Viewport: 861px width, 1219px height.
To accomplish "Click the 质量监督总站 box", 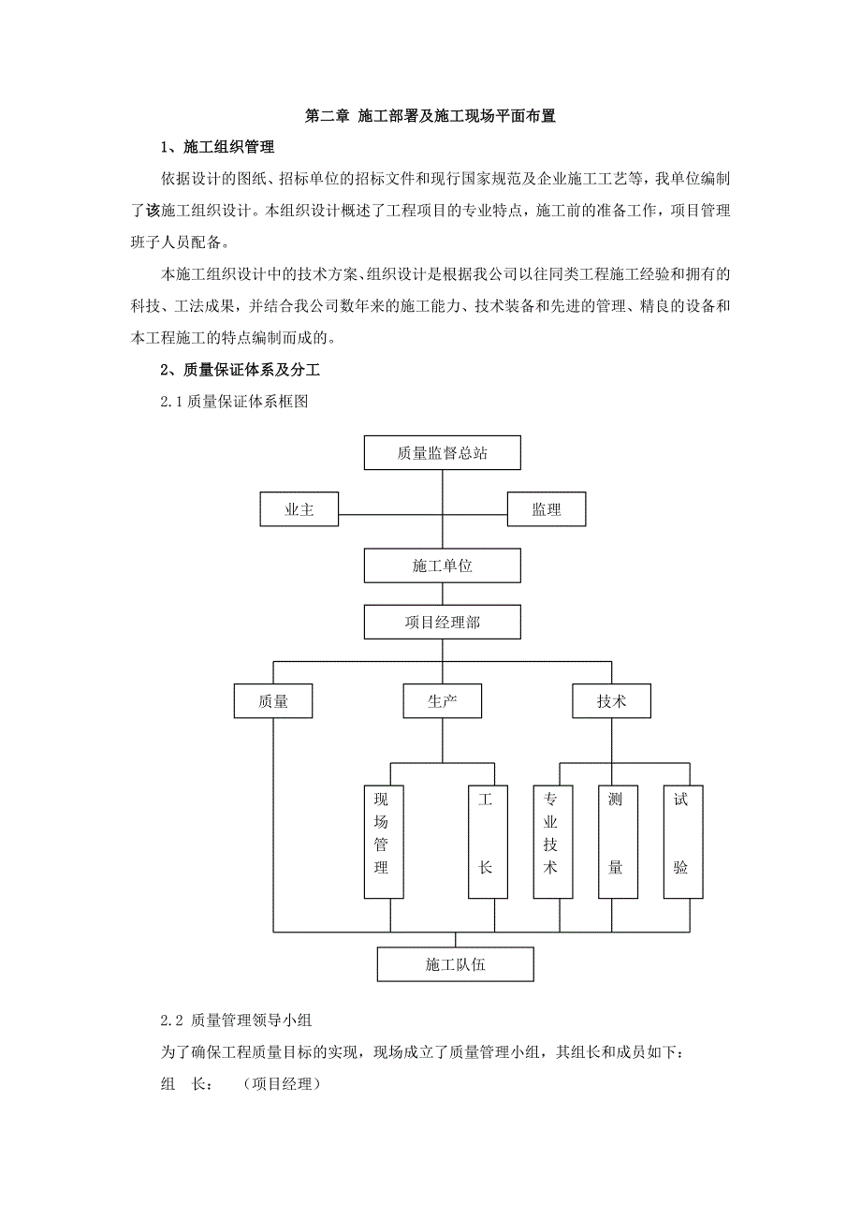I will (x=442, y=454).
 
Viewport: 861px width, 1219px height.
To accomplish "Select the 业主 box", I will (x=299, y=510).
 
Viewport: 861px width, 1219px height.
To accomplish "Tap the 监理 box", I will (x=547, y=510).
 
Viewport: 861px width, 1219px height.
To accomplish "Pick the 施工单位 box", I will (x=442, y=566).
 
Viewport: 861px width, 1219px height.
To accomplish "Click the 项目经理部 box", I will (x=442, y=622).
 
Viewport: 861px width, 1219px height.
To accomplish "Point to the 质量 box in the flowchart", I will (x=273, y=701).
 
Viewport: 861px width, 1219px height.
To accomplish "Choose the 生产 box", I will (x=442, y=701).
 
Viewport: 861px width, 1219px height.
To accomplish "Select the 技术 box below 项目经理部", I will (x=611, y=701).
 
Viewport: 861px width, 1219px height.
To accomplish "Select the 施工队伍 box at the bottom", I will (x=455, y=964).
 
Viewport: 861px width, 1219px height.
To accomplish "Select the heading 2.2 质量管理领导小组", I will (x=241, y=1019).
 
